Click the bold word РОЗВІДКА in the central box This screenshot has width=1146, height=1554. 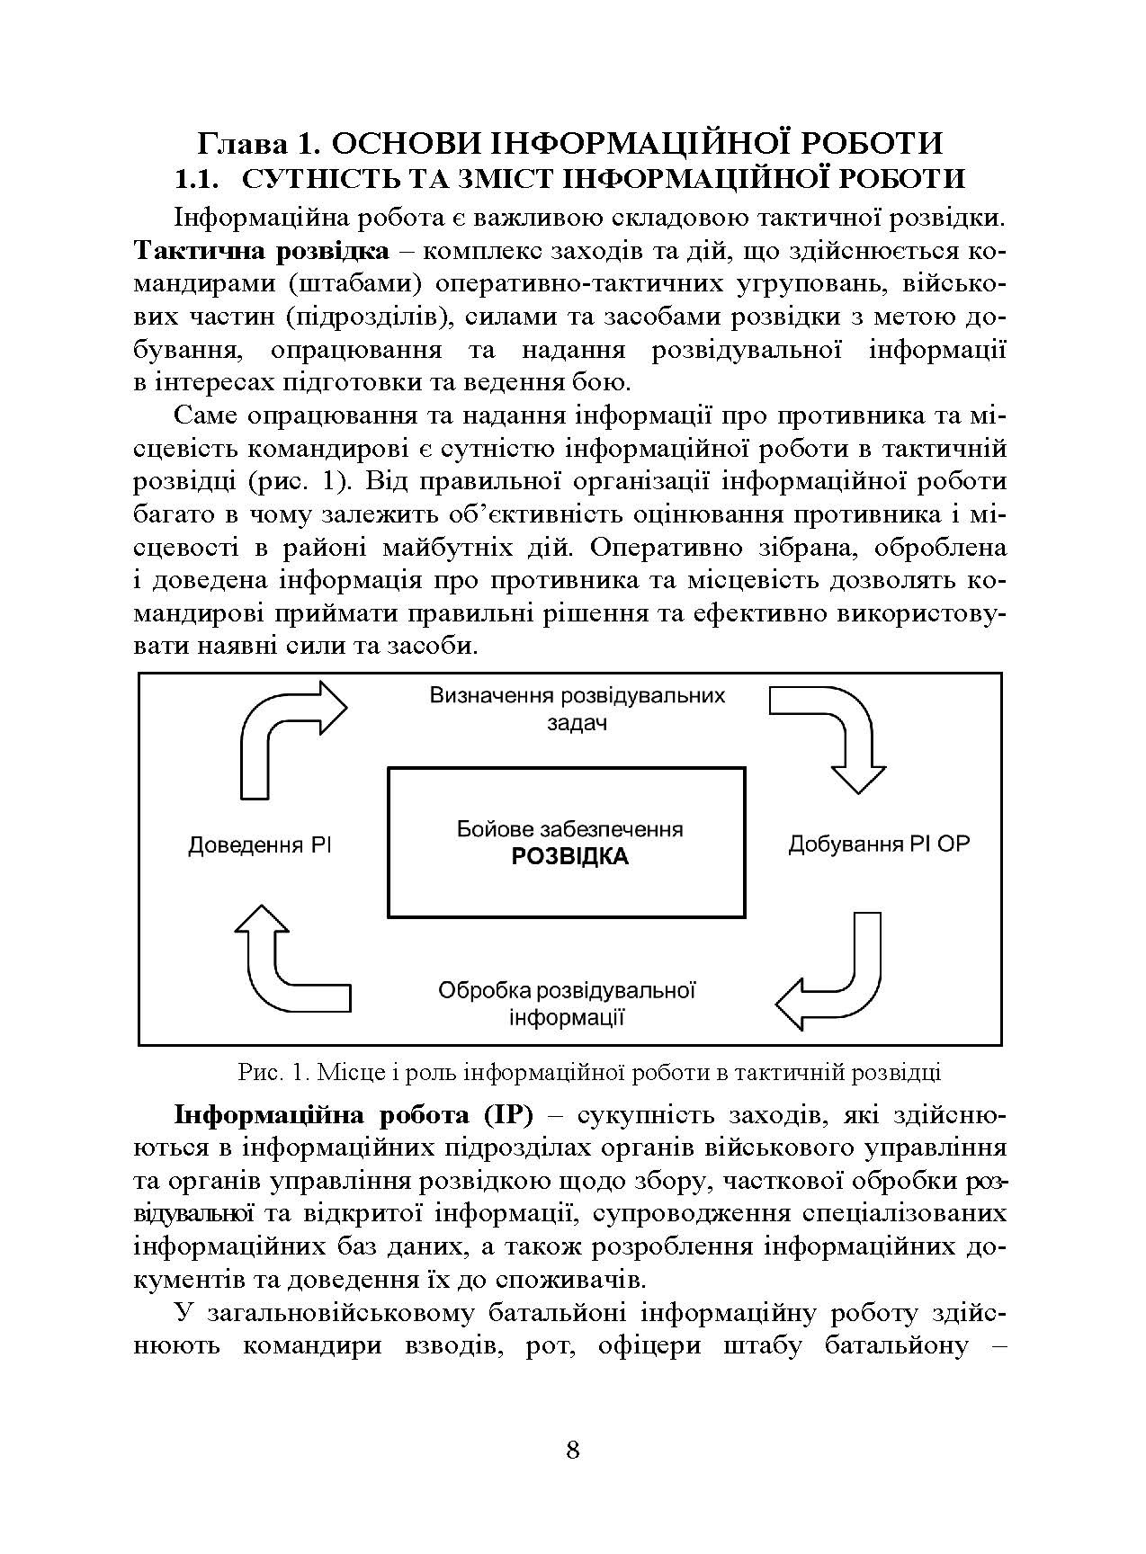(569, 856)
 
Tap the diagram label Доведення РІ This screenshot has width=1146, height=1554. (260, 845)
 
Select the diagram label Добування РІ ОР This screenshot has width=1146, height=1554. (879, 844)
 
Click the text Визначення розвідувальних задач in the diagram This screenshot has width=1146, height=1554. (577, 709)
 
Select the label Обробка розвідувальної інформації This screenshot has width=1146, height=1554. (568, 1004)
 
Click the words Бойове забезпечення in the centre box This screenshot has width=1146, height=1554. (569, 828)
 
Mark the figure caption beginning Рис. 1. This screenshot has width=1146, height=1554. (589, 1072)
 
